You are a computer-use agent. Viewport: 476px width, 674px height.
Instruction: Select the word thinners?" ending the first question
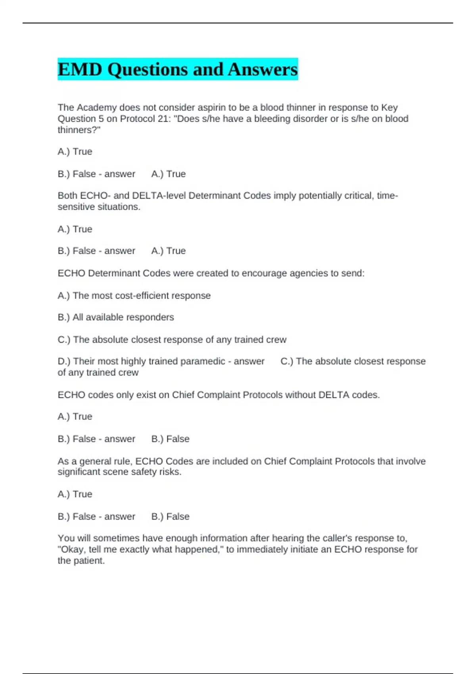click(79, 130)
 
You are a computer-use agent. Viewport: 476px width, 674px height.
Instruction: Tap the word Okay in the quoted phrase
click(74, 550)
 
